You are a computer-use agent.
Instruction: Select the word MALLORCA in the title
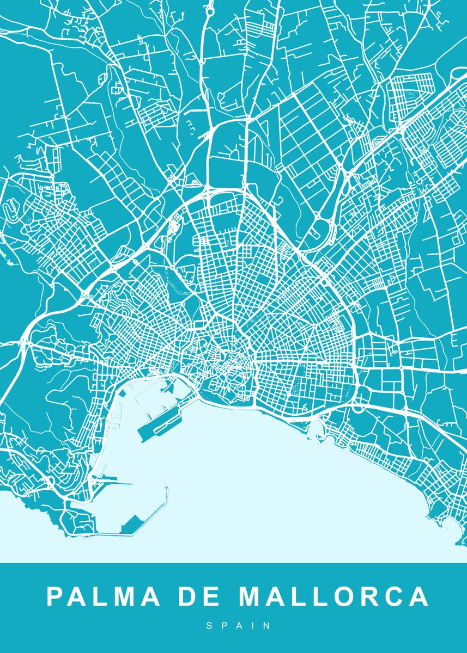333,597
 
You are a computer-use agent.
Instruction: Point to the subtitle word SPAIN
238,626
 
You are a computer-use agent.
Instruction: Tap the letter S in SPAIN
209,626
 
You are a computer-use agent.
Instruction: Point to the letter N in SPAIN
267,626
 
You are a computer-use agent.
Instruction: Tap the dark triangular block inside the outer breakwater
131,526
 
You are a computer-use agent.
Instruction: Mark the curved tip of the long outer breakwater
167,489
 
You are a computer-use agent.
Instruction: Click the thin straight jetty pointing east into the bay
117,483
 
